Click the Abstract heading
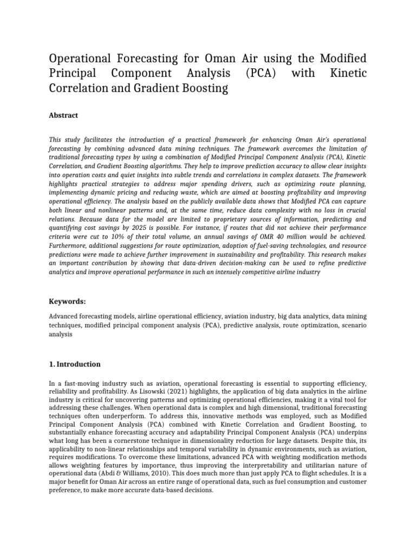point(63,115)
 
